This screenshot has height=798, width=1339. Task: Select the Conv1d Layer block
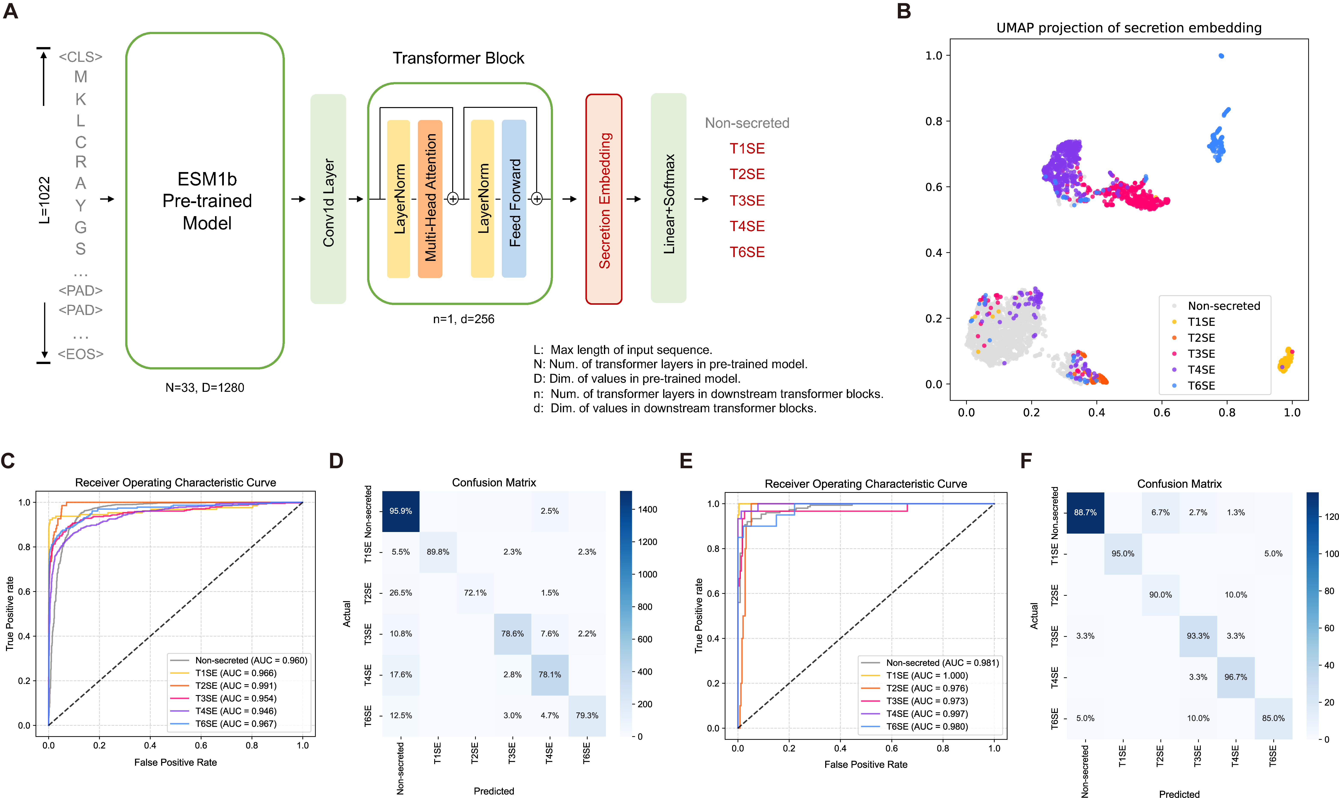(328, 199)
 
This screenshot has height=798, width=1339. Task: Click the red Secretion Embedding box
(604, 199)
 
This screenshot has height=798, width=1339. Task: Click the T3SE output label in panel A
(747, 201)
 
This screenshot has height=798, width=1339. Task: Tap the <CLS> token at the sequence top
(81, 56)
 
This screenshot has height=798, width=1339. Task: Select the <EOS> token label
(81, 354)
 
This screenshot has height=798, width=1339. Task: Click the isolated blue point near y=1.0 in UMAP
(1221, 56)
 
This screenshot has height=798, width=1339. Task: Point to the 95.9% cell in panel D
(401, 511)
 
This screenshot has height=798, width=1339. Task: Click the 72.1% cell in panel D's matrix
(475, 593)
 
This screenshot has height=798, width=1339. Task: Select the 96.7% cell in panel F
(1236, 677)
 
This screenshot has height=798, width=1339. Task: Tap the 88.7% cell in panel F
(1085, 513)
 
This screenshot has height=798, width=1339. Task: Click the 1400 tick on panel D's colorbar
(647, 509)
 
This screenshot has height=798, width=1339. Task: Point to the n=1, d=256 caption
(464, 319)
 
